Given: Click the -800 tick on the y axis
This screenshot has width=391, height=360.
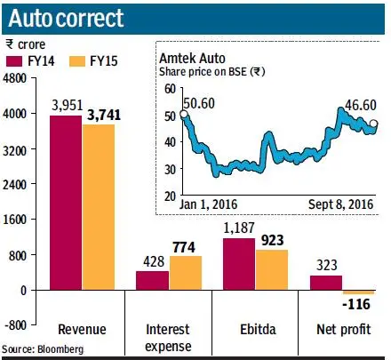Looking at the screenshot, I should (x=16, y=325).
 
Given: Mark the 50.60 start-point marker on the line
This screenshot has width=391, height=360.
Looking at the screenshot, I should (x=184, y=114).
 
